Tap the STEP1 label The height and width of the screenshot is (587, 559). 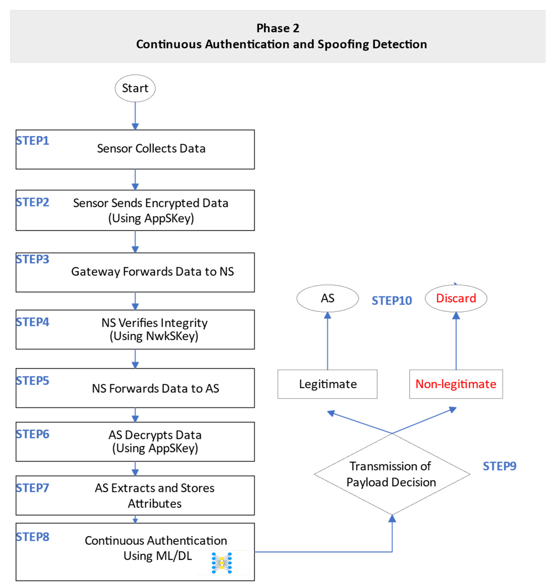[32, 141]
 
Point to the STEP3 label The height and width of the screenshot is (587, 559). [32, 259]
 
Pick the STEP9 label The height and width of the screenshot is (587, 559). [499, 466]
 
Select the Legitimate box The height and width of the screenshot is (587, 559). [327, 384]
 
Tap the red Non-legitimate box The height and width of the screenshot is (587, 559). [456, 384]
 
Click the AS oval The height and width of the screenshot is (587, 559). [327, 298]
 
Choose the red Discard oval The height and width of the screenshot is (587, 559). [456, 298]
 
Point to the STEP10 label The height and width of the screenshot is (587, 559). [392, 301]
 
